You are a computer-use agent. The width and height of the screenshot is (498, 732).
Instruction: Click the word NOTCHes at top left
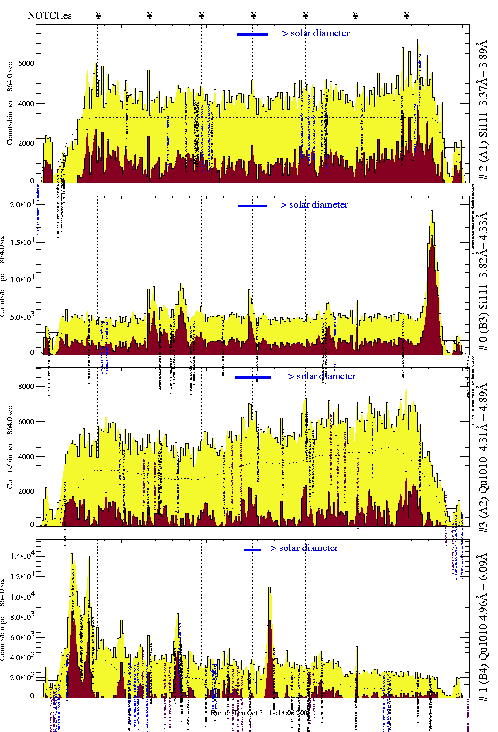click(x=50, y=15)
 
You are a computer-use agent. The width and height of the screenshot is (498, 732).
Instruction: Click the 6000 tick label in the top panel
click(x=26, y=63)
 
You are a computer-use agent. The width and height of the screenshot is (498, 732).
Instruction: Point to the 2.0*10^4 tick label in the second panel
click(x=22, y=204)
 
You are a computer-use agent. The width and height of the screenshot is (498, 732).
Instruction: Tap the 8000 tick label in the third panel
click(x=26, y=386)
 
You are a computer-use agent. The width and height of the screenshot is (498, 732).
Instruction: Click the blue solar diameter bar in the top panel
click(x=252, y=34)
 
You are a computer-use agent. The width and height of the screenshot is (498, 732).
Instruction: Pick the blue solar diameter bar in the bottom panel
click(x=252, y=549)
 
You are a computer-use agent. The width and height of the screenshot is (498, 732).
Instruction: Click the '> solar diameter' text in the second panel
click(x=314, y=205)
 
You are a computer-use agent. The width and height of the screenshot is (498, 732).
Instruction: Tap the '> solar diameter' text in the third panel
click(x=321, y=376)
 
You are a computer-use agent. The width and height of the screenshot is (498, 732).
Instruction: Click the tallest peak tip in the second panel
click(x=432, y=211)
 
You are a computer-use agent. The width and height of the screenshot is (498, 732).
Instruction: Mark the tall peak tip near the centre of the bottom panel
click(x=270, y=588)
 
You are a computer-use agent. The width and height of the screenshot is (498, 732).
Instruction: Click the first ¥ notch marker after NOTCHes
click(x=98, y=15)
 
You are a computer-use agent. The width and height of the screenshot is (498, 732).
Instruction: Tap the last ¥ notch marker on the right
click(x=407, y=15)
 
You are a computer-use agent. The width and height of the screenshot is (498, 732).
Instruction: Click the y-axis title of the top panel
click(x=10, y=104)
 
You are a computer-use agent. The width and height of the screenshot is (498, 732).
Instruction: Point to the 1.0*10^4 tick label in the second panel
click(x=22, y=279)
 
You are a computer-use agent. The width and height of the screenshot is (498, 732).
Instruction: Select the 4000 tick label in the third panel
click(x=26, y=456)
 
